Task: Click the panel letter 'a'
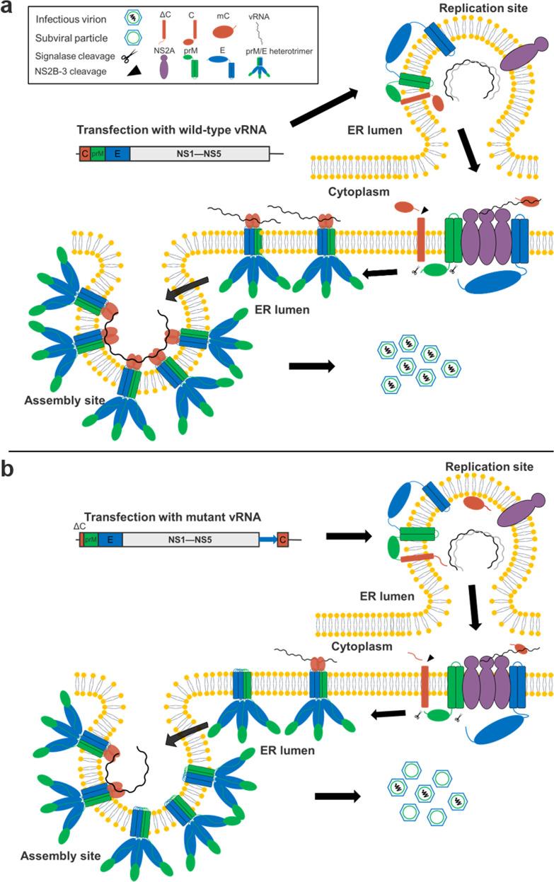(9, 11)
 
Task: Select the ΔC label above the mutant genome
(80, 526)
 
